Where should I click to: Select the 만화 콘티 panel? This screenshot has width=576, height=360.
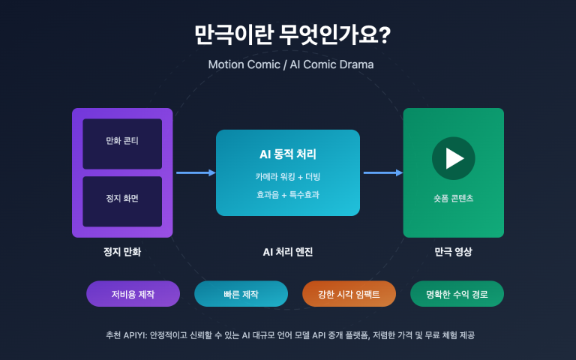(122, 142)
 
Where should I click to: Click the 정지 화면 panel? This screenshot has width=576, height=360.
(122, 200)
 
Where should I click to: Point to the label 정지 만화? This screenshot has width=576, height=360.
(122, 252)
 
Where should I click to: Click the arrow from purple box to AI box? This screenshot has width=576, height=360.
(196, 173)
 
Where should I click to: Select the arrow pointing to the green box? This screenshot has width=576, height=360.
(383, 173)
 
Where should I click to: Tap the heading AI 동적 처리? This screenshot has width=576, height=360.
(288, 155)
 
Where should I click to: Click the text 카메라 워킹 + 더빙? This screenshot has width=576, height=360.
(288, 176)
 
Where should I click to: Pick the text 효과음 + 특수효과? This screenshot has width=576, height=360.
(288, 194)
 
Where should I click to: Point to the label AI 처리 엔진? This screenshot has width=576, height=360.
(288, 252)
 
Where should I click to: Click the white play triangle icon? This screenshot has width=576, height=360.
(454, 158)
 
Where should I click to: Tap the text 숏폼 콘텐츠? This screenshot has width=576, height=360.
(454, 199)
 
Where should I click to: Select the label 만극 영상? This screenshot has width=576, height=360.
(454, 252)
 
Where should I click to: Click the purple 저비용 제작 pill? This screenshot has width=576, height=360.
(133, 294)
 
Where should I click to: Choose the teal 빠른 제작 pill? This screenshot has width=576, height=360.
(241, 294)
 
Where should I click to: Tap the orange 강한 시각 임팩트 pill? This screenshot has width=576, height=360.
(349, 294)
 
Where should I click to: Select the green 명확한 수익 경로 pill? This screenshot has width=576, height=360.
(457, 294)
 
